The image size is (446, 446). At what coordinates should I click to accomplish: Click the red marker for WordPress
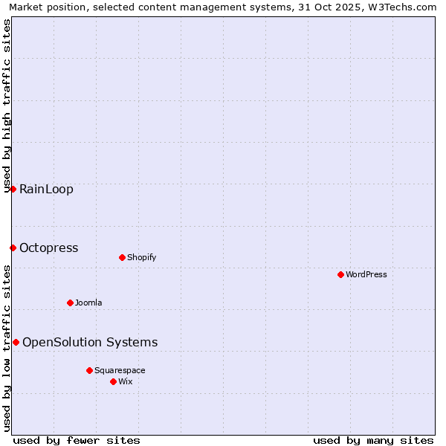coord(340,274)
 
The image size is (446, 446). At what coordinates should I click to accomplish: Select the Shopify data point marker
coord(122,257)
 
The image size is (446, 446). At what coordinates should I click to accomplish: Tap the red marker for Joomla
coord(70,303)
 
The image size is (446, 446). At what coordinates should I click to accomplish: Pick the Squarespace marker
coord(89,370)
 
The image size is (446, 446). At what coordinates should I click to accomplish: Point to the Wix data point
coord(113,381)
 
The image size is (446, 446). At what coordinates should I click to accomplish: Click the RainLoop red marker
coord(13,189)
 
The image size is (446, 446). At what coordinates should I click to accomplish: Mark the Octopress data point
coord(13,248)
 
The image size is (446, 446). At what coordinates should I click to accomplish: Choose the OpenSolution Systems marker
coord(16,342)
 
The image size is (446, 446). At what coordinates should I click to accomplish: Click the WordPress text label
coord(366,274)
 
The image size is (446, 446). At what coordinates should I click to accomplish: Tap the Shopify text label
coord(141,257)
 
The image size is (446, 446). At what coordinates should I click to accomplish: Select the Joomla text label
coord(88,303)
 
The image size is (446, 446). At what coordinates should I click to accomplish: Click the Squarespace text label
coord(120,370)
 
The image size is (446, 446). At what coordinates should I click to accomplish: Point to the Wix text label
coord(125,381)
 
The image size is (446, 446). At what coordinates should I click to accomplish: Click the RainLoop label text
coord(46,189)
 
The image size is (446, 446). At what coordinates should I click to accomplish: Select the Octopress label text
coord(49,248)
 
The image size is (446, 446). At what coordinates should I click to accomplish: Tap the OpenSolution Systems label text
coord(90,342)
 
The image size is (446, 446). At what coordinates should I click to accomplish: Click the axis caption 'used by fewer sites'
coord(77,440)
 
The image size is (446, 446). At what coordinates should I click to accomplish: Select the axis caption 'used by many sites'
coord(373,440)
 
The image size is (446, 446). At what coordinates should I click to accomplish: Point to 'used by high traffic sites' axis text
coord(7,106)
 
